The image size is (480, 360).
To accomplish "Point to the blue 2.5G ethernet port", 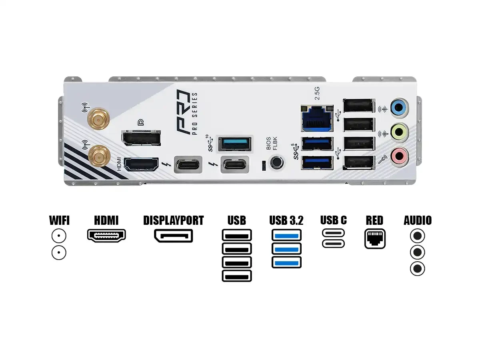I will (x=317, y=118).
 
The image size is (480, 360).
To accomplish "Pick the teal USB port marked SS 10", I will (x=235, y=144).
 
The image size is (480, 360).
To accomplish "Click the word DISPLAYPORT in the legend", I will (x=173, y=220).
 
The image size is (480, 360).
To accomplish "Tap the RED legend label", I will (x=374, y=220).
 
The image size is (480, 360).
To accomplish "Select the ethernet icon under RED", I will (x=375, y=238).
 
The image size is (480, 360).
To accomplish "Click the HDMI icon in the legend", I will (x=106, y=235).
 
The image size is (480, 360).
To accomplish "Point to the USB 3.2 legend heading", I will (x=286, y=220).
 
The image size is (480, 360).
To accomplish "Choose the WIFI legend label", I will (x=59, y=220).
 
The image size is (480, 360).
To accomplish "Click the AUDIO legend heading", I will (x=418, y=220).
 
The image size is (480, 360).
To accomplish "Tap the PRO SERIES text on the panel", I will (x=195, y=114).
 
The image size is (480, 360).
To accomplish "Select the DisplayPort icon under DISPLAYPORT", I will (x=173, y=236).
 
